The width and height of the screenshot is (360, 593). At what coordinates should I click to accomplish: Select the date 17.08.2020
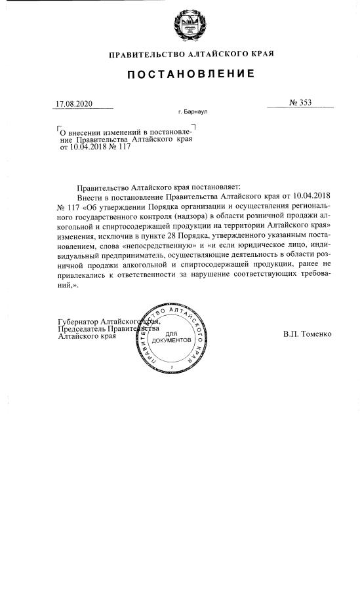click(x=75, y=104)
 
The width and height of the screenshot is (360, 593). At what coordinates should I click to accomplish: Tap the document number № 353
click(x=300, y=102)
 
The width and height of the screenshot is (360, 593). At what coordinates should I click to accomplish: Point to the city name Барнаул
click(x=193, y=113)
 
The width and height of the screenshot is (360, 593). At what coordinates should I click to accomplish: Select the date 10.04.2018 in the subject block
click(x=89, y=147)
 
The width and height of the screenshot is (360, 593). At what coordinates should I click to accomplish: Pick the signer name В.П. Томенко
click(x=308, y=334)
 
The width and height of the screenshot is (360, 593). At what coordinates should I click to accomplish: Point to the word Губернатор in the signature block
click(x=81, y=322)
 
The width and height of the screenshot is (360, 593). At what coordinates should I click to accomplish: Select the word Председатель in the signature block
click(x=85, y=329)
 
